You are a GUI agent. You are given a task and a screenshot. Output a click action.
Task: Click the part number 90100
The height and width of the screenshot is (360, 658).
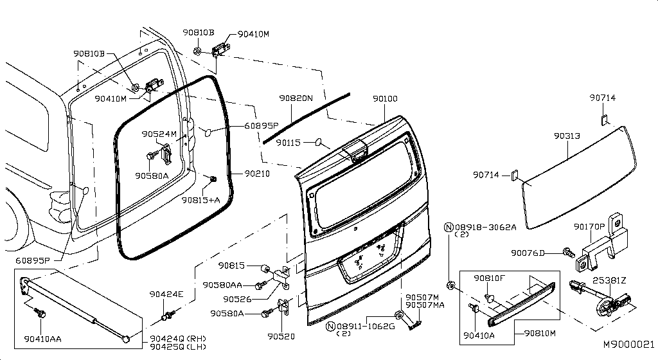click(x=385, y=99)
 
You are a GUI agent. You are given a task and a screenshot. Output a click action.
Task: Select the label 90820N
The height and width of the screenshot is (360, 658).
click(x=295, y=98)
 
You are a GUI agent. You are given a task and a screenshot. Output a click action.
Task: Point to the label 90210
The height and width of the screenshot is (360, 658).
click(x=256, y=174)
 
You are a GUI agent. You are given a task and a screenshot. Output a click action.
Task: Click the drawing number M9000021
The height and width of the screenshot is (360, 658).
click(x=628, y=345)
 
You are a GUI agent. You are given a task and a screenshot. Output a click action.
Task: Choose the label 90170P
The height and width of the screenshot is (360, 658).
click(x=589, y=227)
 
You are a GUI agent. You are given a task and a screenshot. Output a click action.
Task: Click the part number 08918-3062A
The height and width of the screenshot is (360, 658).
click(x=485, y=227)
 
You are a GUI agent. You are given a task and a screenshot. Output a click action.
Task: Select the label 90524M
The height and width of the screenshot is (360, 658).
click(x=159, y=134)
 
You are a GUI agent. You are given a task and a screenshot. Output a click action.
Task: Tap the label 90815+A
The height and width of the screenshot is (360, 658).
click(x=200, y=200)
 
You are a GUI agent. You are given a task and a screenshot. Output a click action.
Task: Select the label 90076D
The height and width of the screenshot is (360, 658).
click(x=528, y=253)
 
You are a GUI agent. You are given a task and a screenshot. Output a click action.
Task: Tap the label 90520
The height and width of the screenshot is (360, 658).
click(x=281, y=336)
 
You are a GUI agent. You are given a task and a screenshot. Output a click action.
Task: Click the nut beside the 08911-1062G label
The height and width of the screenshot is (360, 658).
click(x=399, y=315)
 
